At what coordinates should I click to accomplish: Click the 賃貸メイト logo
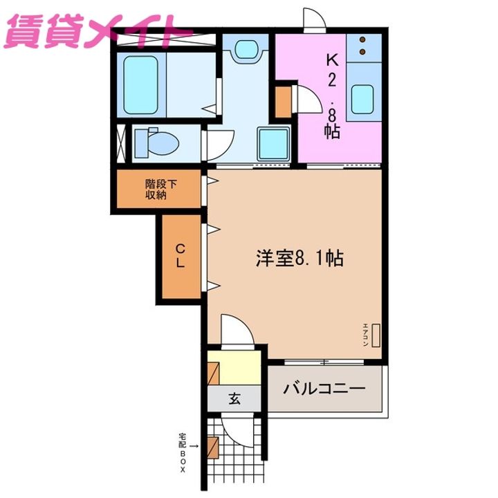97,31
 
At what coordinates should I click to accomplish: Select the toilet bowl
160,142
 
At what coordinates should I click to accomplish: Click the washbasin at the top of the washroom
246,50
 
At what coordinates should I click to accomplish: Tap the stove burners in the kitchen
363,46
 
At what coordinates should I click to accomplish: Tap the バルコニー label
324,388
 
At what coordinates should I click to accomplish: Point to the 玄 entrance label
234,398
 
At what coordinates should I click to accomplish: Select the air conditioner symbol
376,336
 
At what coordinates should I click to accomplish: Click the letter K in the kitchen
331,60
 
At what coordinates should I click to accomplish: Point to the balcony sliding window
323,362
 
